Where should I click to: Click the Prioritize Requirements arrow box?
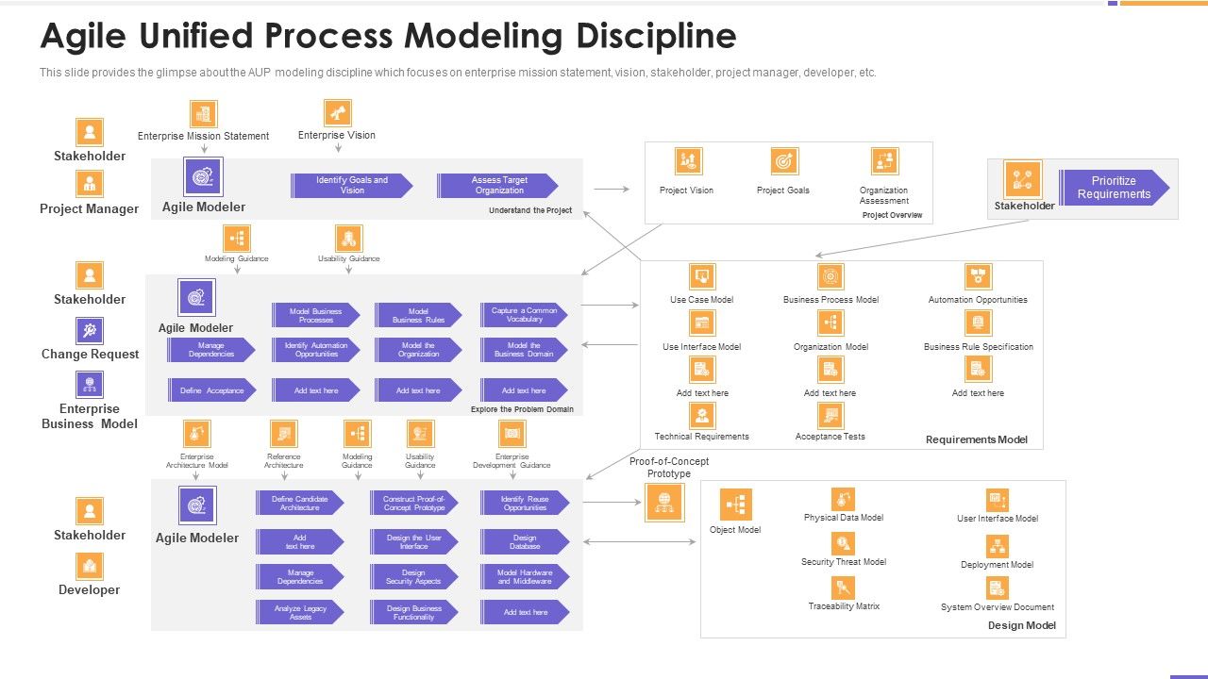[1114, 188]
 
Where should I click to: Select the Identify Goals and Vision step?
[351, 186]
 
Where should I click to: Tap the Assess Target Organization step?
[498, 186]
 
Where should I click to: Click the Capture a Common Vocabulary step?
[524, 315]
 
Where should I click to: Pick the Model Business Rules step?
[418, 315]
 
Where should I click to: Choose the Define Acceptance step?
[211, 390]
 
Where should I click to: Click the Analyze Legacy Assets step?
[299, 613]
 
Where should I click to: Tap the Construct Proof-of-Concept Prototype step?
[413, 504]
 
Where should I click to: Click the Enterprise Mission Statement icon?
[203, 114]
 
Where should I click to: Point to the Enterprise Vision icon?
[337, 113]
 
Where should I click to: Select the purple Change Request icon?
[90, 330]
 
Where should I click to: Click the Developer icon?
[90, 566]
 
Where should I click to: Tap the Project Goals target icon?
[784, 161]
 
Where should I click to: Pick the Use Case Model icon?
[702, 276]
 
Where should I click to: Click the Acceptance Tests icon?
[830, 415]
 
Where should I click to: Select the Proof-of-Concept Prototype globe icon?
[664, 502]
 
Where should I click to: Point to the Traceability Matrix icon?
[844, 588]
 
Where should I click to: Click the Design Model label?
[1021, 625]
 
